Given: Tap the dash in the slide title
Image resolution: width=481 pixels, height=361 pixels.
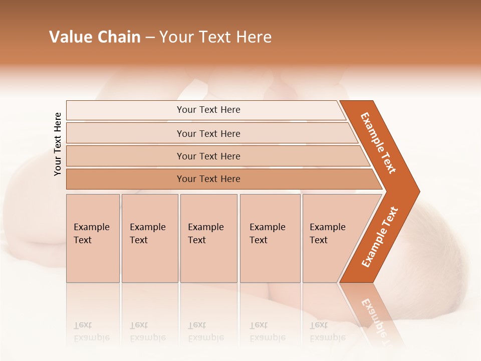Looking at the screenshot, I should (150, 38).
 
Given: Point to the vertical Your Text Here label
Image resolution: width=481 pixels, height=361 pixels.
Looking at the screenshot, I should (58, 144).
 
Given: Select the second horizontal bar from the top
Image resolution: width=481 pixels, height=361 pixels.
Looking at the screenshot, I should (208, 133).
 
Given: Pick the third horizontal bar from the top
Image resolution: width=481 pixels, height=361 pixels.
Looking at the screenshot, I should (208, 156).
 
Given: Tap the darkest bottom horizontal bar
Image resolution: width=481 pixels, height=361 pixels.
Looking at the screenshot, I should (208, 179).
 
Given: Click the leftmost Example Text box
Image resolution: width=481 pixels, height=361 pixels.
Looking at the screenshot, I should (93, 238).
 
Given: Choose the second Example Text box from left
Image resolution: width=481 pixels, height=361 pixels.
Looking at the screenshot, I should (149, 238).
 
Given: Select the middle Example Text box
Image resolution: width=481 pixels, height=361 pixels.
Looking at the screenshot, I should (208, 238).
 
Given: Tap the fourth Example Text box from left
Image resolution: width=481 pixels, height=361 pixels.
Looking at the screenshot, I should (270, 238).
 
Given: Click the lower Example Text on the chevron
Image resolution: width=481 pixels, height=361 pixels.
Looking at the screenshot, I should (380, 237).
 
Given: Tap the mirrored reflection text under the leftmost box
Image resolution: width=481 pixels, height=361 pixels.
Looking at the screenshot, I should (91, 332).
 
